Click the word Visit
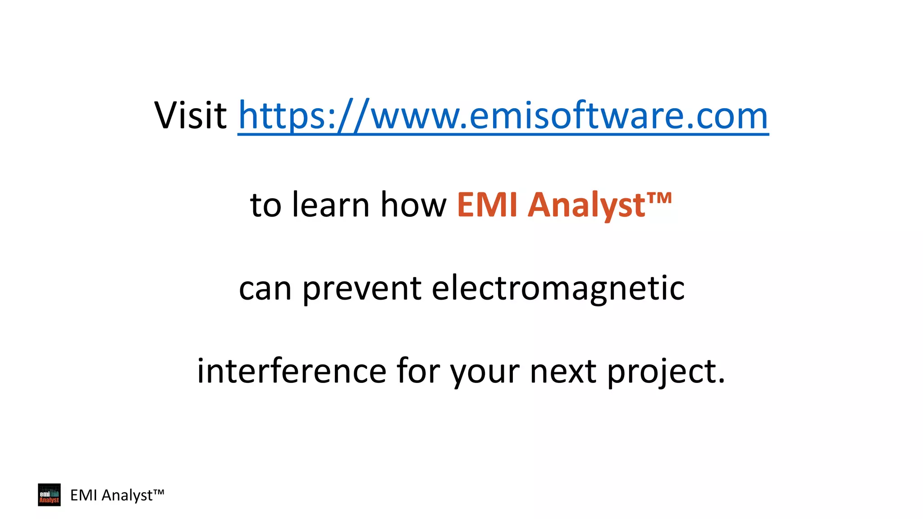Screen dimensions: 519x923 (x=190, y=115)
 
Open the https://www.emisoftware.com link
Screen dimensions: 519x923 (x=503, y=116)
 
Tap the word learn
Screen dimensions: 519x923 (x=331, y=205)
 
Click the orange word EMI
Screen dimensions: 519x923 (x=487, y=205)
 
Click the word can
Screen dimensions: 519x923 (x=265, y=289)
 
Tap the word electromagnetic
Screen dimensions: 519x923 (x=558, y=289)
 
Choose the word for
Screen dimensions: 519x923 (x=418, y=371)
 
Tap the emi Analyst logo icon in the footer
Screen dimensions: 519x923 (x=49, y=495)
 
